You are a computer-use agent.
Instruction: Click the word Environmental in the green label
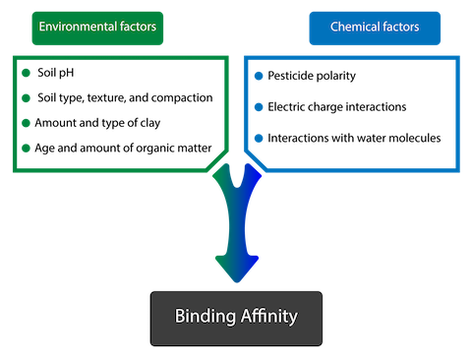coord(74,28)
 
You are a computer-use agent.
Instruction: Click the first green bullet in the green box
coord(26,74)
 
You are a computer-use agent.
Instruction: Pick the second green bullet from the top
coord(26,98)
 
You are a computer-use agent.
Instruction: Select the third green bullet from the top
coord(26,123)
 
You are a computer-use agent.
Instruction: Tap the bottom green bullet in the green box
coord(26,148)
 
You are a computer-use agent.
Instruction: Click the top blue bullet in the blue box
coord(259,76)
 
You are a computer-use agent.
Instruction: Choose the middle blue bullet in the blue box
coord(259,106)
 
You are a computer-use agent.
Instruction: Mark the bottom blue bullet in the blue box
coord(259,138)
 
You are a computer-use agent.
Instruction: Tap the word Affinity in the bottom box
coord(266,318)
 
